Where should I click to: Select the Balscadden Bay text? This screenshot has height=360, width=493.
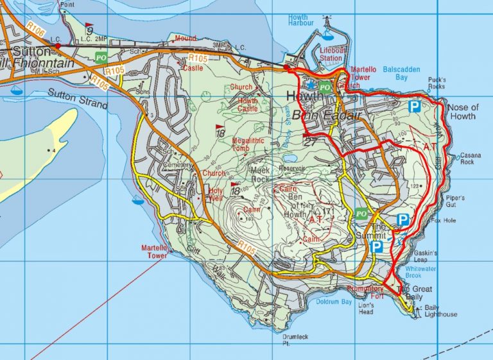click(x=404, y=73)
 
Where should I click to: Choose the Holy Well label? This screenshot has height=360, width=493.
click(x=213, y=194)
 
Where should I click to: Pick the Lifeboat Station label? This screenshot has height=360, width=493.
click(x=331, y=54)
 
